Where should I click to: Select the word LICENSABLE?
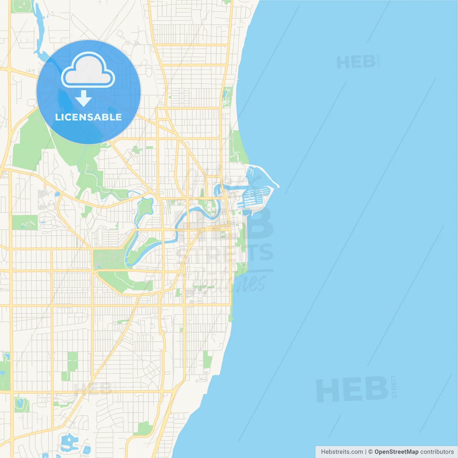[88, 117]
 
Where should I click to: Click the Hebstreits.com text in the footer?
[342, 452]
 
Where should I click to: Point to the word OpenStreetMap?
[396, 452]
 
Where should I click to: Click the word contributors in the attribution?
[437, 452]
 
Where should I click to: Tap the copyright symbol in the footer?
[370, 452]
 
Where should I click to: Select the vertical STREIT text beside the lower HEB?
[394, 387]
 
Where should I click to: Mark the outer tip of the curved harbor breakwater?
[278, 186]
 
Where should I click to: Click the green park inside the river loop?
[144, 208]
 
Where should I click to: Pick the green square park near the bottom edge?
[145, 428]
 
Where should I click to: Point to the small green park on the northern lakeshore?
[227, 97]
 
